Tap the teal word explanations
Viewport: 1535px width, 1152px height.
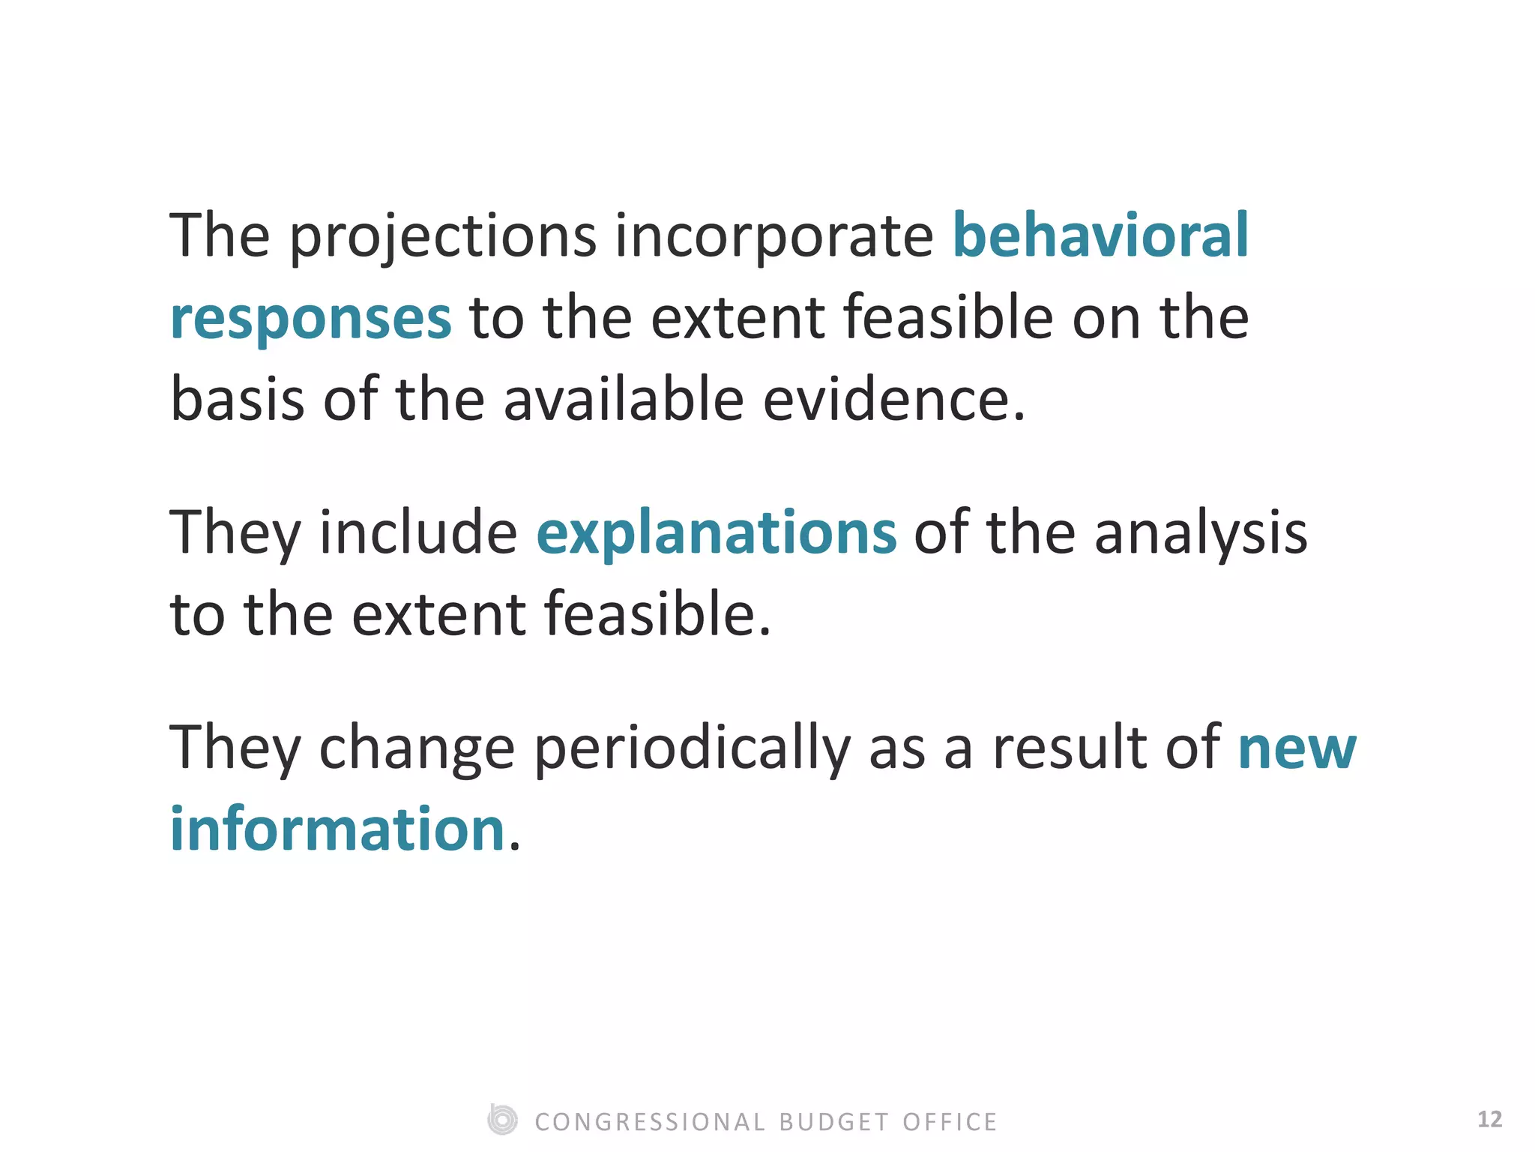[716, 534]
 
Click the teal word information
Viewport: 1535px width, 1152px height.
[337, 829]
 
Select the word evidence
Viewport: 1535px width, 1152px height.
[893, 399]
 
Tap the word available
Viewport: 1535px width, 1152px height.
[624, 399]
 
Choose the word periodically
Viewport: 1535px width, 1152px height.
[692, 750]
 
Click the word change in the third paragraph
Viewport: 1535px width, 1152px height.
[417, 750]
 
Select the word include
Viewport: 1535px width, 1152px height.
[418, 532]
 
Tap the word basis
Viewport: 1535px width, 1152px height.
[238, 399]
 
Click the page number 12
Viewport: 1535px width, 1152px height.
[1489, 1119]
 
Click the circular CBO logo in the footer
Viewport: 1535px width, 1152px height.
[502, 1120]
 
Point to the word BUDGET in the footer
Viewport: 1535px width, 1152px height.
[834, 1122]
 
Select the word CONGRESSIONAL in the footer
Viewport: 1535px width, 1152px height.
[650, 1122]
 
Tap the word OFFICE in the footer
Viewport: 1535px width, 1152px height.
[950, 1122]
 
